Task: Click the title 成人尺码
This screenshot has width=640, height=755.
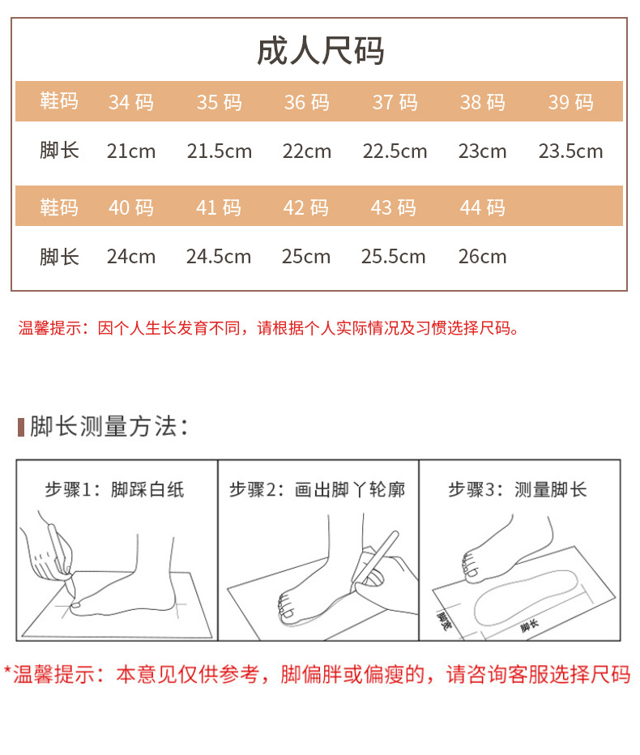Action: coord(320,50)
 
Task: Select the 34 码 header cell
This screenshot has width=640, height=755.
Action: coord(131,102)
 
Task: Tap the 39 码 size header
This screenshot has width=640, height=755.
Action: coord(570,102)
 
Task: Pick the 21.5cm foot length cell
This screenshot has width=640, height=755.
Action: coord(219,151)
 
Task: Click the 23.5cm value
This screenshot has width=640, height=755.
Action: coord(570,151)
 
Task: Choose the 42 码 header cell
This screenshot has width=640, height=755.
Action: coord(305,207)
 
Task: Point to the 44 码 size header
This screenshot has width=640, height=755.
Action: coord(483,207)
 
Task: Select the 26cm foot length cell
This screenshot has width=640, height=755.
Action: coord(483,257)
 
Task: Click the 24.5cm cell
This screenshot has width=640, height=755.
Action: coord(219,257)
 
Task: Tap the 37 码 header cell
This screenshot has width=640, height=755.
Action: coord(395,102)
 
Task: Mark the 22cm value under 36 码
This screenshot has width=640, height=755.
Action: coord(307,151)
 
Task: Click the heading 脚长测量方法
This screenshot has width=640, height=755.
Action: coord(109,427)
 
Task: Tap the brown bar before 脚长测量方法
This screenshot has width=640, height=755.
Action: coord(21,427)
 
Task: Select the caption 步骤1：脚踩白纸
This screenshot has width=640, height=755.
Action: coord(114,489)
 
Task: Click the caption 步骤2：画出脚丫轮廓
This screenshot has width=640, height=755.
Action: coord(317,489)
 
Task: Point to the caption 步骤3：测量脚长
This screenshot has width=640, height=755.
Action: coord(518,489)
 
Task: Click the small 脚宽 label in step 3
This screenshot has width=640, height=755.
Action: coord(444,621)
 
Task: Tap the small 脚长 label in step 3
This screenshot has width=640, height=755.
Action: coord(529,625)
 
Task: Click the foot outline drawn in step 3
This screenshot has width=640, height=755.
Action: coord(476,606)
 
